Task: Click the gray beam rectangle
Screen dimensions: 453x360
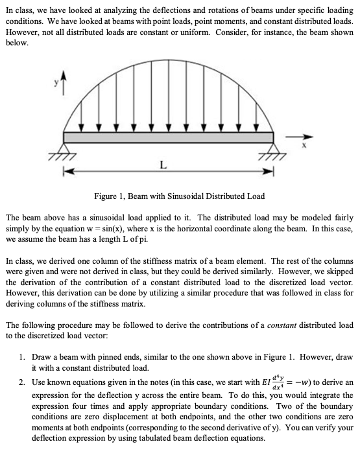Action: coord(169,137)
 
